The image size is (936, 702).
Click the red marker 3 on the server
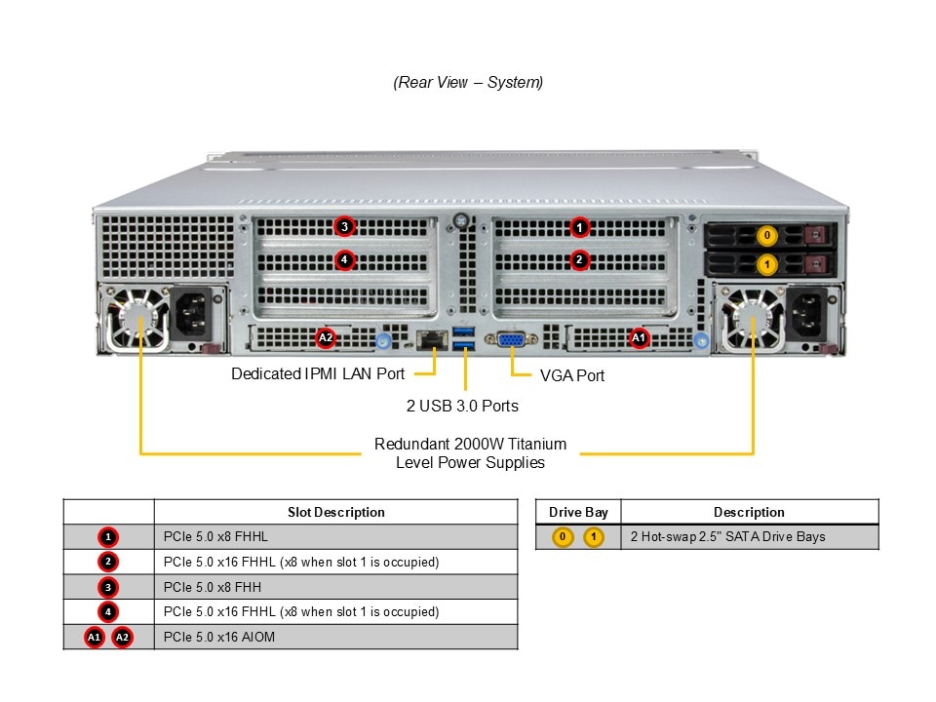click(x=343, y=227)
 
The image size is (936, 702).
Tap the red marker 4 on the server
click(x=343, y=259)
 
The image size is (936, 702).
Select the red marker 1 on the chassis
click(x=580, y=227)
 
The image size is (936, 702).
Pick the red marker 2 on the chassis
click(x=580, y=259)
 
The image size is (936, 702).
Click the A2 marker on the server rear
click(x=327, y=338)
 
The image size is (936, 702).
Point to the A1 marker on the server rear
click(x=639, y=338)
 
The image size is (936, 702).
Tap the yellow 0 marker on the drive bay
click(x=767, y=235)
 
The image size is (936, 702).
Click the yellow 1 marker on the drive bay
click(x=767, y=264)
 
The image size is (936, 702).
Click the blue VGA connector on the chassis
click(x=512, y=340)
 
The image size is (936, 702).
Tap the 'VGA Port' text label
click(x=572, y=375)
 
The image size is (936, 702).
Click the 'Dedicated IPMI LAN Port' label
click(x=318, y=373)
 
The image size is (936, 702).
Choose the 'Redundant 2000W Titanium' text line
click(x=470, y=444)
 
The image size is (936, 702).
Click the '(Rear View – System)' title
click(x=468, y=82)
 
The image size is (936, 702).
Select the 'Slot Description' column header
click(x=335, y=512)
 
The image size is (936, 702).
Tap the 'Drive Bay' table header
click(x=578, y=512)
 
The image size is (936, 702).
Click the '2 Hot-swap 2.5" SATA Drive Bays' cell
click(x=728, y=536)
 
